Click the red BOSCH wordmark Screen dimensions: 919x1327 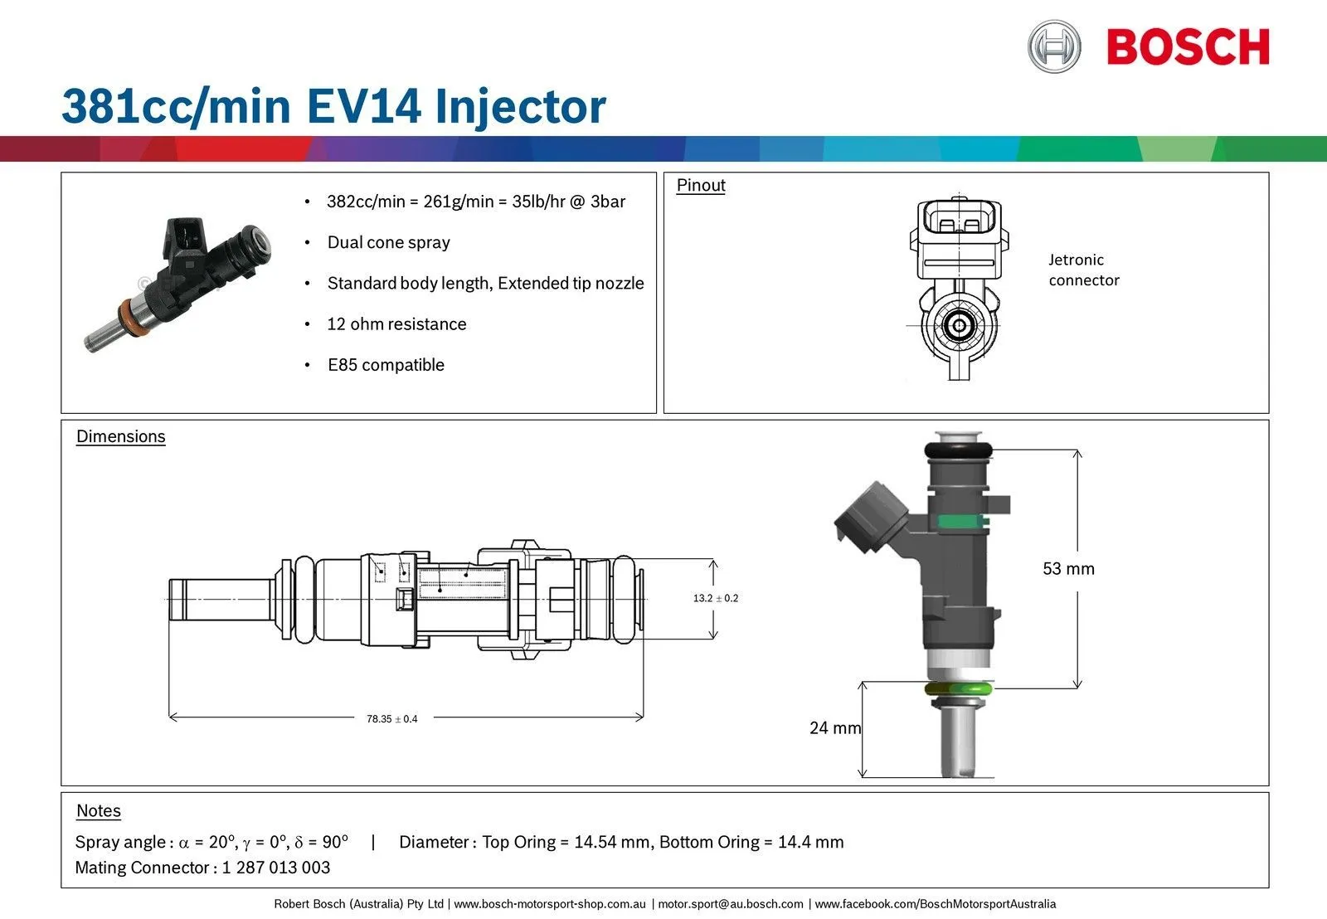pyautogui.click(x=1188, y=47)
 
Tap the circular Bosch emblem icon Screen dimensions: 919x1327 pyautogui.click(x=1054, y=46)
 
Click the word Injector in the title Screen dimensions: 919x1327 pyautogui.click(x=520, y=107)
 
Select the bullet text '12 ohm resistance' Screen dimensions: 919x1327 pyautogui.click(x=396, y=324)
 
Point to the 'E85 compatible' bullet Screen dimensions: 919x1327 pyautogui.click(x=386, y=365)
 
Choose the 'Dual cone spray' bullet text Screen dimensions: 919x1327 pyautogui.click(x=388, y=242)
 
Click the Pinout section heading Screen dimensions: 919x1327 pyautogui.click(x=701, y=185)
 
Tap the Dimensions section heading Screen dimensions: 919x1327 pyautogui.click(x=121, y=436)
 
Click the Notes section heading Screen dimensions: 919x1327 pyautogui.click(x=99, y=811)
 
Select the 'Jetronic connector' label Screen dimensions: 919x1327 pyautogui.click(x=1083, y=270)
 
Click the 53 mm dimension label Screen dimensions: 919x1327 pyautogui.click(x=1068, y=569)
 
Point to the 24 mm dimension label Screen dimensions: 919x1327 pyautogui.click(x=834, y=728)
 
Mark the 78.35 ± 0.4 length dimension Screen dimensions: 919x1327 pyautogui.click(x=392, y=719)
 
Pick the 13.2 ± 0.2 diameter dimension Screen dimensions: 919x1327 pyautogui.click(x=716, y=598)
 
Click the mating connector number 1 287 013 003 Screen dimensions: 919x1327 pyautogui.click(x=276, y=868)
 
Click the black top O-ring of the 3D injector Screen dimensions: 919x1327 pyautogui.click(x=959, y=450)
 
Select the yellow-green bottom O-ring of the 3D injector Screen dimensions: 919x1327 pyautogui.click(x=959, y=689)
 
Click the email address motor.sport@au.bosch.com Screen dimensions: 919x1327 pyautogui.click(x=731, y=904)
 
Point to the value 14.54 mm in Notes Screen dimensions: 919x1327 pyautogui.click(x=612, y=842)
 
